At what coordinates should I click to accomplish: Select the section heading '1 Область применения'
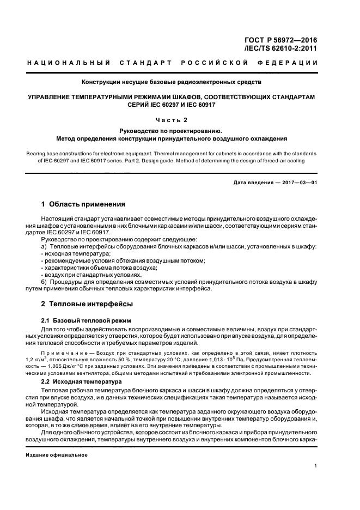click(x=83, y=204)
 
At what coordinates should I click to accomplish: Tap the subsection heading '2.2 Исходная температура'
click(x=82, y=382)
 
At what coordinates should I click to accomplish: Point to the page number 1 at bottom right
click(x=316, y=465)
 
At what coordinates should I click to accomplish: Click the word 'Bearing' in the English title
click(x=38, y=154)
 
